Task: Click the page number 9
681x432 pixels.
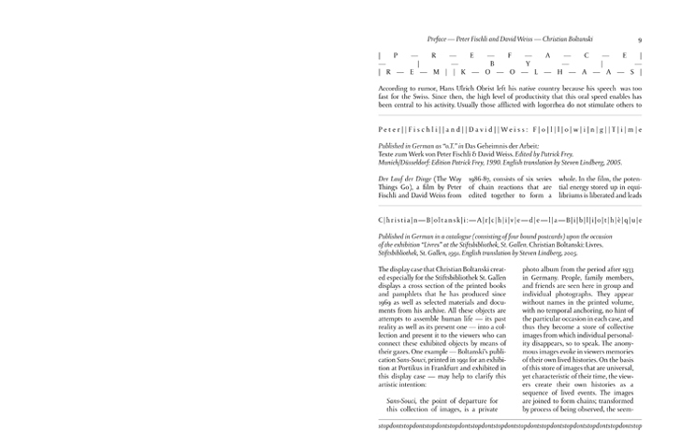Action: (x=638, y=40)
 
